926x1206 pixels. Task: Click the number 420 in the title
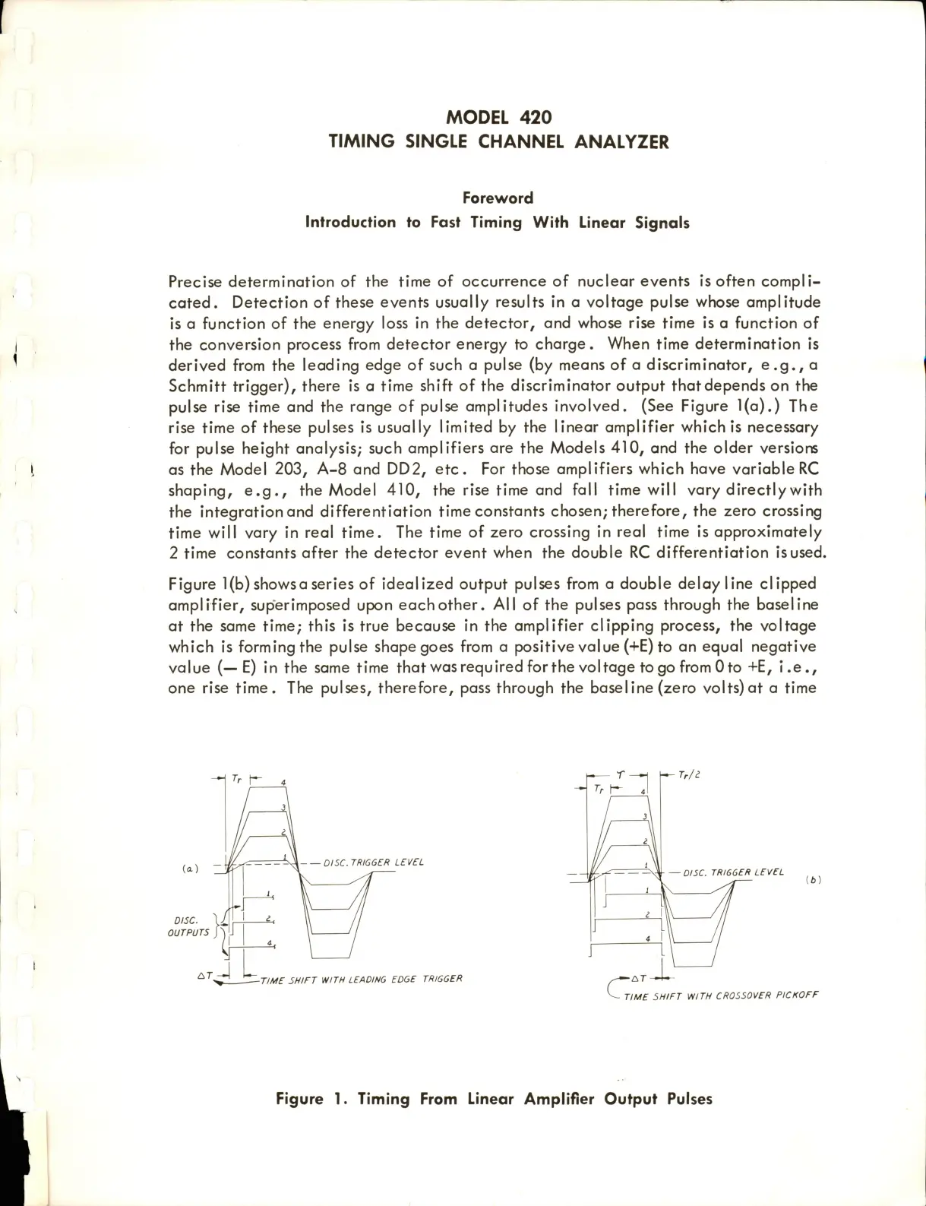click(535, 117)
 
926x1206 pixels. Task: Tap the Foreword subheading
click(498, 198)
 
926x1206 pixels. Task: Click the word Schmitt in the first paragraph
click(196, 387)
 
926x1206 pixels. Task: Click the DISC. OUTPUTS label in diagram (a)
click(188, 926)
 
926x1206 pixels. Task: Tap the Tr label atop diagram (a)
click(236, 779)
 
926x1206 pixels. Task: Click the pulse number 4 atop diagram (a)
click(283, 783)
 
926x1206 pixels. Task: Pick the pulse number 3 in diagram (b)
click(645, 816)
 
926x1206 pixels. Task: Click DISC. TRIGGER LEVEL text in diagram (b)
click(733, 872)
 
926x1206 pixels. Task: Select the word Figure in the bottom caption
click(302, 1099)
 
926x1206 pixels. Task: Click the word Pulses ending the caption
click(687, 1099)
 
